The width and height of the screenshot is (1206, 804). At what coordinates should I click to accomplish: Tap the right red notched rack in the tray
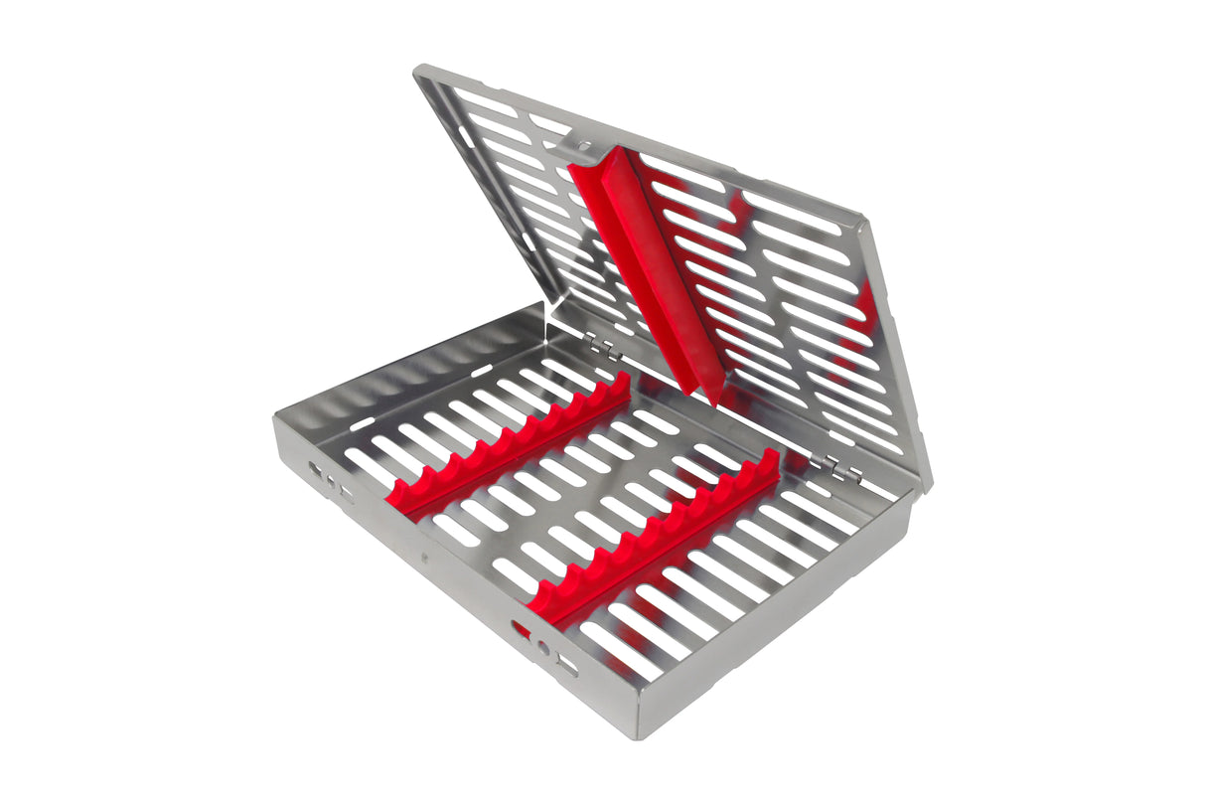656,543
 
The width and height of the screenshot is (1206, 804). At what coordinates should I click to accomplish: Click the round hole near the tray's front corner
543,648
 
